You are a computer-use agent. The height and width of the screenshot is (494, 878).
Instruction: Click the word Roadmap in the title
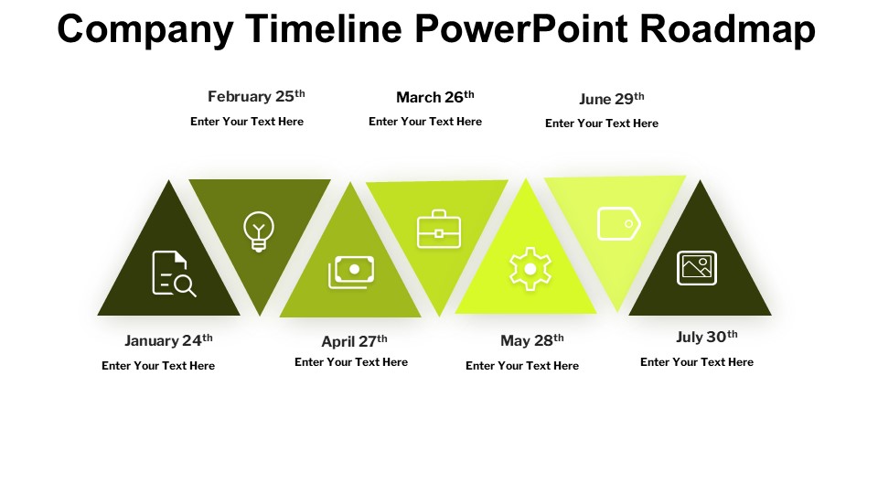coord(727,28)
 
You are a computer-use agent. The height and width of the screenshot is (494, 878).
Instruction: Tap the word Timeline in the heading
coord(323,28)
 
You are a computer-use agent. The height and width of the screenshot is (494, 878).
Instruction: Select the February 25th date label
coord(256,96)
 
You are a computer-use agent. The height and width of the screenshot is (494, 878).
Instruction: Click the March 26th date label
coord(435,97)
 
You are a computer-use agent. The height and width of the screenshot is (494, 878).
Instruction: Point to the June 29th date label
coord(612,99)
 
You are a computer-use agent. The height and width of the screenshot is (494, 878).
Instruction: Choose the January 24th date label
coord(168,340)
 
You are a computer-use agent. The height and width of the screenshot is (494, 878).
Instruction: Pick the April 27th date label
coord(355,341)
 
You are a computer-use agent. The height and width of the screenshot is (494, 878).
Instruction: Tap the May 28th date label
coord(532,340)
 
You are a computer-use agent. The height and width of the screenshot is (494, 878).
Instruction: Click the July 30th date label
coord(707,337)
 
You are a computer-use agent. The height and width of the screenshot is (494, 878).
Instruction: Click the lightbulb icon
coord(259,231)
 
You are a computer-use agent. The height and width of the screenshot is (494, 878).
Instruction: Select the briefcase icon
coord(439,229)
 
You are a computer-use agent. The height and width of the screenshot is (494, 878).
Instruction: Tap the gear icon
coord(530,269)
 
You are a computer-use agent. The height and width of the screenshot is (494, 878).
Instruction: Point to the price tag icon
coord(619,223)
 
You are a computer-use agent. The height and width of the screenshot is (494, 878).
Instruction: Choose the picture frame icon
coord(697,268)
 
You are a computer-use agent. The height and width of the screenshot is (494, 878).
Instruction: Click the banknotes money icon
coord(351,273)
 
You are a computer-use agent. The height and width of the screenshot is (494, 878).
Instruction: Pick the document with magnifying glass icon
coord(174,274)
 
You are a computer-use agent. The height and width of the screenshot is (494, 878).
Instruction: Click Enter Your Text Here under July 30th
coord(697,362)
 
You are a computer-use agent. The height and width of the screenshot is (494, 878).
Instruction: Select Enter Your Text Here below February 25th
coord(247,122)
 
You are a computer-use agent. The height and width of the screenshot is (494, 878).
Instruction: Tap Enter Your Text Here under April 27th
coord(351,362)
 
